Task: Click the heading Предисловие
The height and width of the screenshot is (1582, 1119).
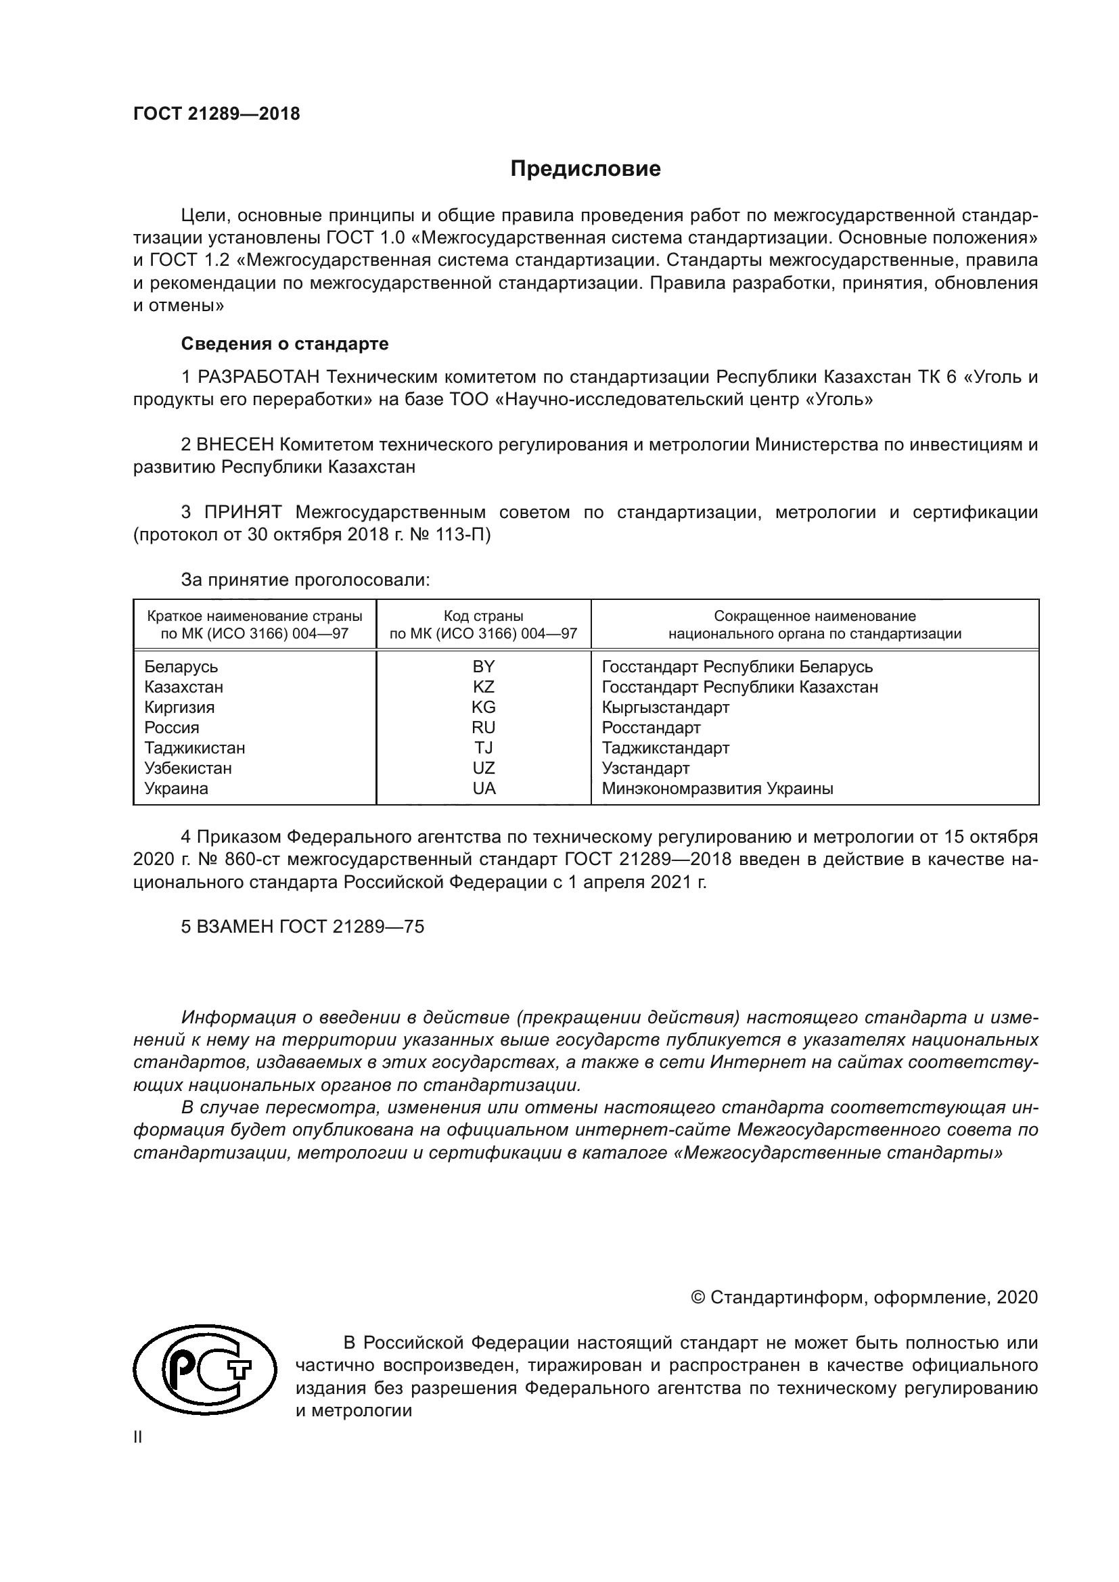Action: point(585,169)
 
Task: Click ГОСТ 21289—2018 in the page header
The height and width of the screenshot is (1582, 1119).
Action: point(216,114)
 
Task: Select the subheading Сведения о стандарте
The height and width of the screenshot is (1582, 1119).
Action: point(285,343)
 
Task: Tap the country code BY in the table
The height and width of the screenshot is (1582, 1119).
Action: point(484,666)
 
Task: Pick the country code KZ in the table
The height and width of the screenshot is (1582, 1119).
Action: point(484,687)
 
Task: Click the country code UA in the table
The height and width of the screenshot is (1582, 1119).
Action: point(484,788)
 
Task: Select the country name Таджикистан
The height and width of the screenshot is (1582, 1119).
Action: point(194,747)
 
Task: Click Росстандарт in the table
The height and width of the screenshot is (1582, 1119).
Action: point(650,728)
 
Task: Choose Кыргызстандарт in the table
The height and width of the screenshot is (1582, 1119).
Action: point(665,707)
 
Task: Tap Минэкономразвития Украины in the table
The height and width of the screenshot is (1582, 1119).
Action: point(717,788)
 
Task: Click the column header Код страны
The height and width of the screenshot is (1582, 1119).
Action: point(483,616)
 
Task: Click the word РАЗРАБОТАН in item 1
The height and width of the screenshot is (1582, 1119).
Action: point(258,377)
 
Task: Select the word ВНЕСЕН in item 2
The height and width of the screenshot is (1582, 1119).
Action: point(235,444)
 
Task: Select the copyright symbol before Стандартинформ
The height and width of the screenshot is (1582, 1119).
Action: point(698,1297)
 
